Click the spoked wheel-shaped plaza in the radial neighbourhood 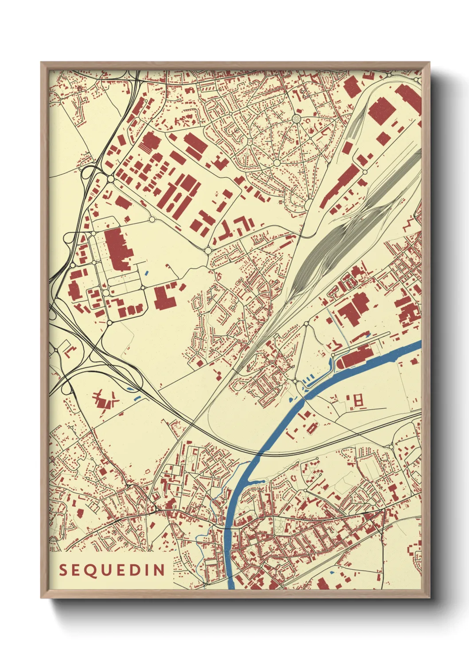296,119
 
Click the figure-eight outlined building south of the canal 358,400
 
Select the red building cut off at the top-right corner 408,98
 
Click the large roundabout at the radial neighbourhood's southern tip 307,205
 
